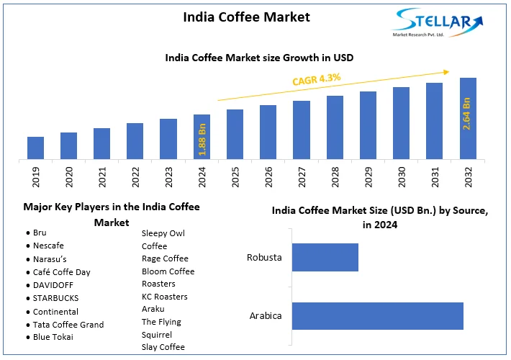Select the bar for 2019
(35, 148)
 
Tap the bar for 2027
(302, 130)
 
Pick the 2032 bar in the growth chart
(467, 118)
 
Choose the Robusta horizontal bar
(325, 257)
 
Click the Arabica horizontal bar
(377, 315)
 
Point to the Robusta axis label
(263, 257)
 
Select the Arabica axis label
(265, 315)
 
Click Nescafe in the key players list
(48, 246)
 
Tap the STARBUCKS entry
(55, 298)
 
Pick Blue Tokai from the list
(54, 338)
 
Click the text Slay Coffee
(163, 347)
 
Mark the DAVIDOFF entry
(54, 285)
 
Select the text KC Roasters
(164, 297)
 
